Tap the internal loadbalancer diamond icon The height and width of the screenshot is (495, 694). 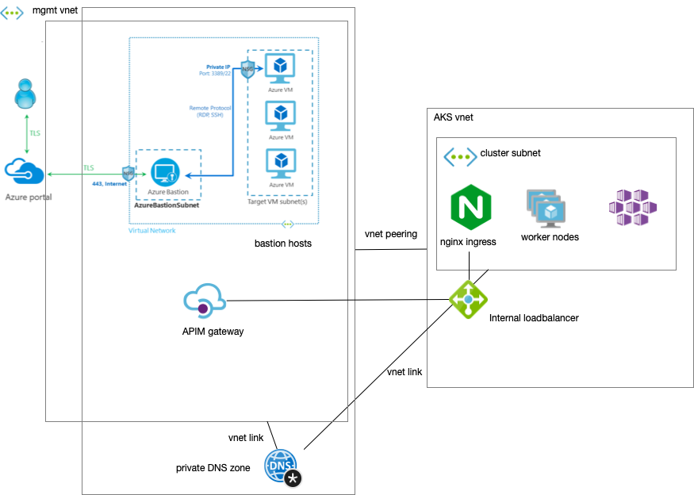pos(468,300)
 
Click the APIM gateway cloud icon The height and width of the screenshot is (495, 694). pos(205,304)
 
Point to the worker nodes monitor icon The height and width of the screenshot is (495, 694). pos(546,209)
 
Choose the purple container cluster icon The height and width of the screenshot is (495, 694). pos(632,208)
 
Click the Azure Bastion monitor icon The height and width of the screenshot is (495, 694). pos(166,171)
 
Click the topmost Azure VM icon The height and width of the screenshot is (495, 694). pos(279,68)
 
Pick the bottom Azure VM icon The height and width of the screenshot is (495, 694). pos(279,163)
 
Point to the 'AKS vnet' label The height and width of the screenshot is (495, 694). pos(454,117)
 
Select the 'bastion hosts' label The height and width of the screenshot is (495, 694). pos(283,243)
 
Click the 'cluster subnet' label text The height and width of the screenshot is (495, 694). pos(511,152)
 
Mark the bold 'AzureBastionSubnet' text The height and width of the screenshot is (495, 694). pos(167,205)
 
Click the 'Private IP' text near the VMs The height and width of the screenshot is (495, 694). pos(218,67)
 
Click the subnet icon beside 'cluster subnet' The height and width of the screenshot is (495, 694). pos(459,155)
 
